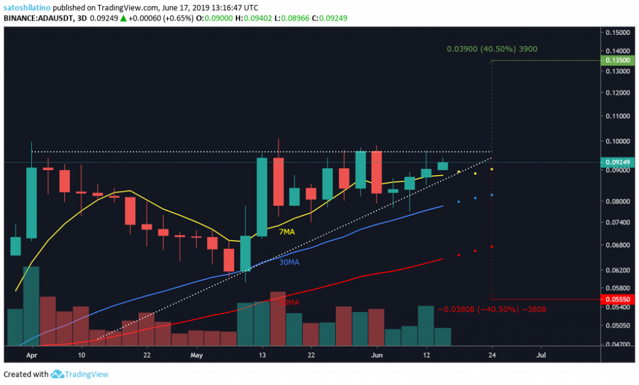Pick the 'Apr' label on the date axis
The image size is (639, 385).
31,354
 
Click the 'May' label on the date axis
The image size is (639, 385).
197,354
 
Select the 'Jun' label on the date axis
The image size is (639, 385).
376,354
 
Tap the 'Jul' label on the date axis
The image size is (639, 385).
540,354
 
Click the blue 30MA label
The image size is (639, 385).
288,262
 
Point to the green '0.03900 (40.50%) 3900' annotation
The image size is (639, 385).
492,48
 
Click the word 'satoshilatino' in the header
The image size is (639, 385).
26,6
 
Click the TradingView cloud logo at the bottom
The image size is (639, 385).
57,374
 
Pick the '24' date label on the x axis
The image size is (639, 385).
492,354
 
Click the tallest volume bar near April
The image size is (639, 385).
31,306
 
